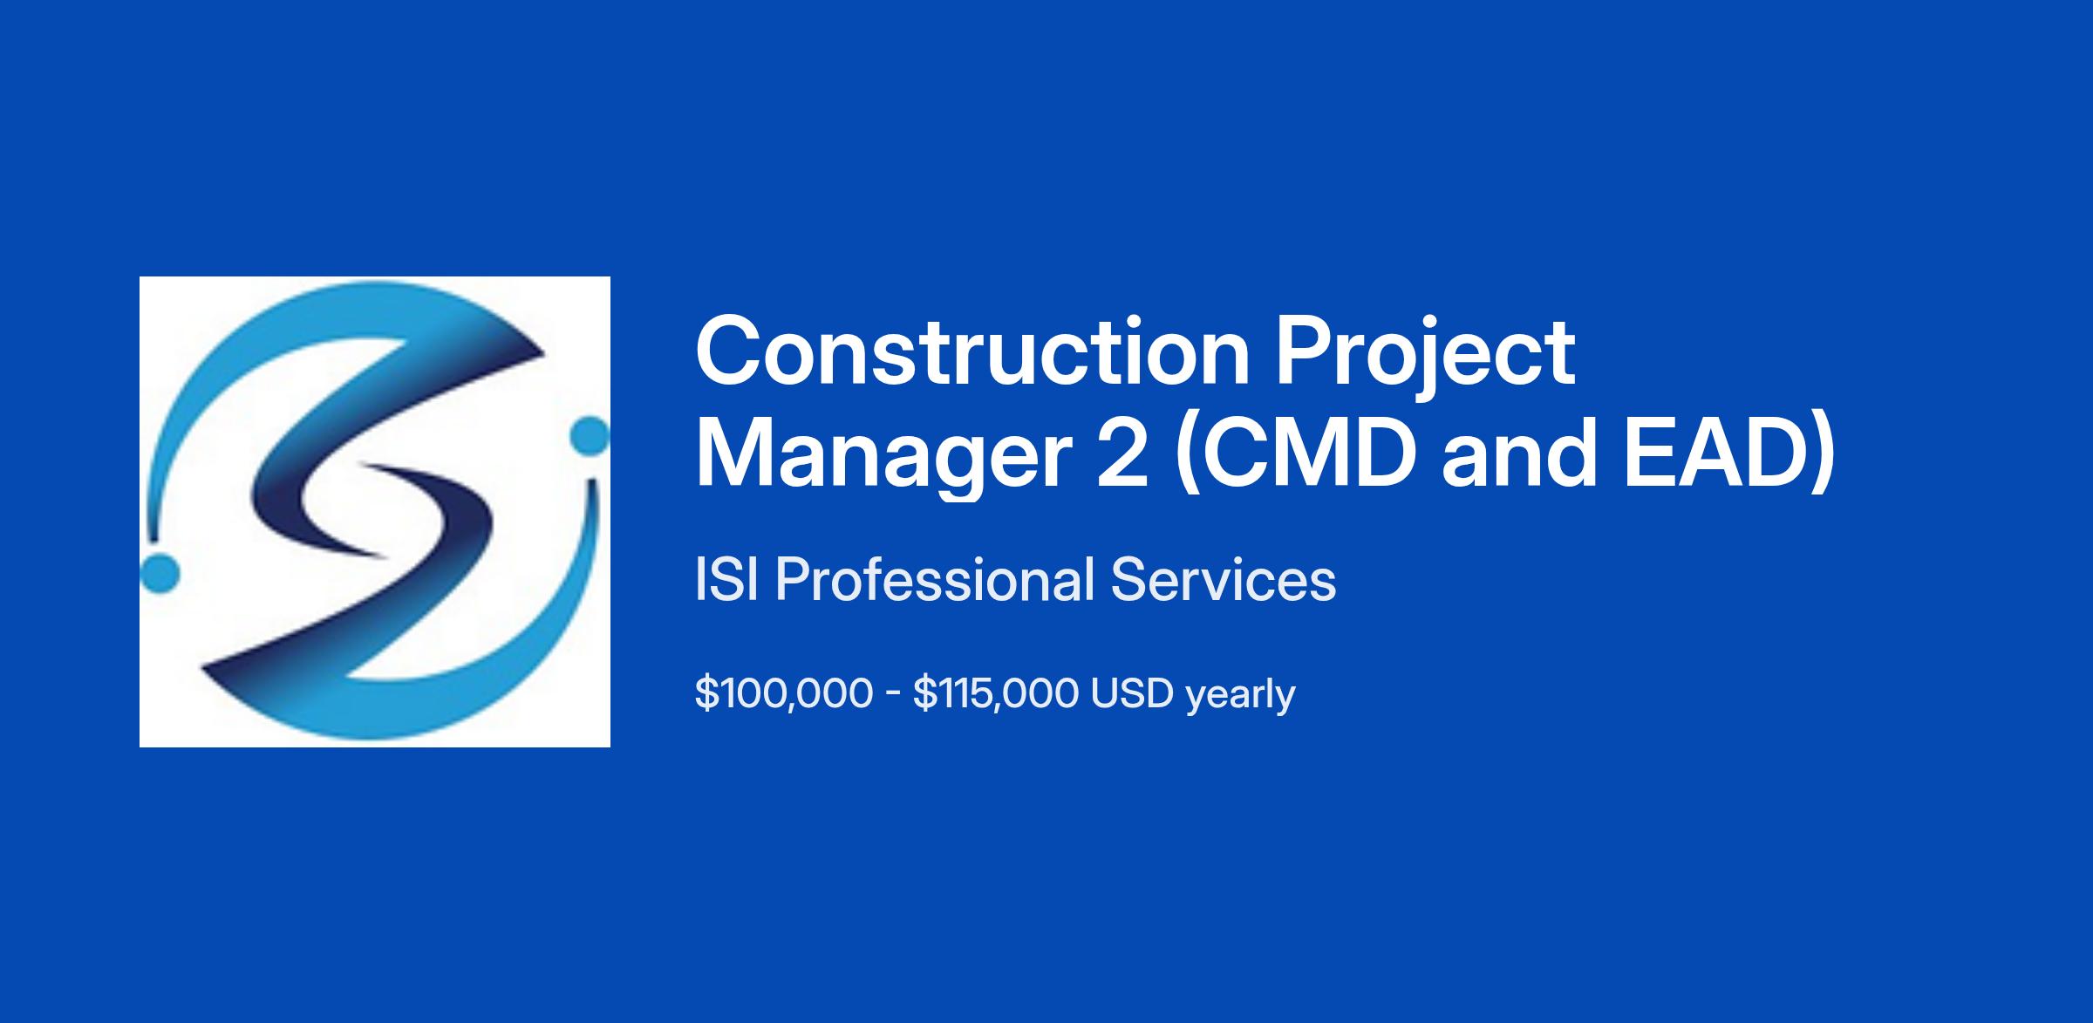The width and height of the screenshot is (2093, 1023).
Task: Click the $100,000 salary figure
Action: pos(784,694)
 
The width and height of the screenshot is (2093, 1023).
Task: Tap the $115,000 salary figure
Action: pos(995,694)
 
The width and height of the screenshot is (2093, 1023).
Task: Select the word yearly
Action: pos(1241,696)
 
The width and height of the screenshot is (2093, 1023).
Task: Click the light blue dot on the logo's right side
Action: pos(590,435)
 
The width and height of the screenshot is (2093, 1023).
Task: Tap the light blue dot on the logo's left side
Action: pos(160,573)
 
